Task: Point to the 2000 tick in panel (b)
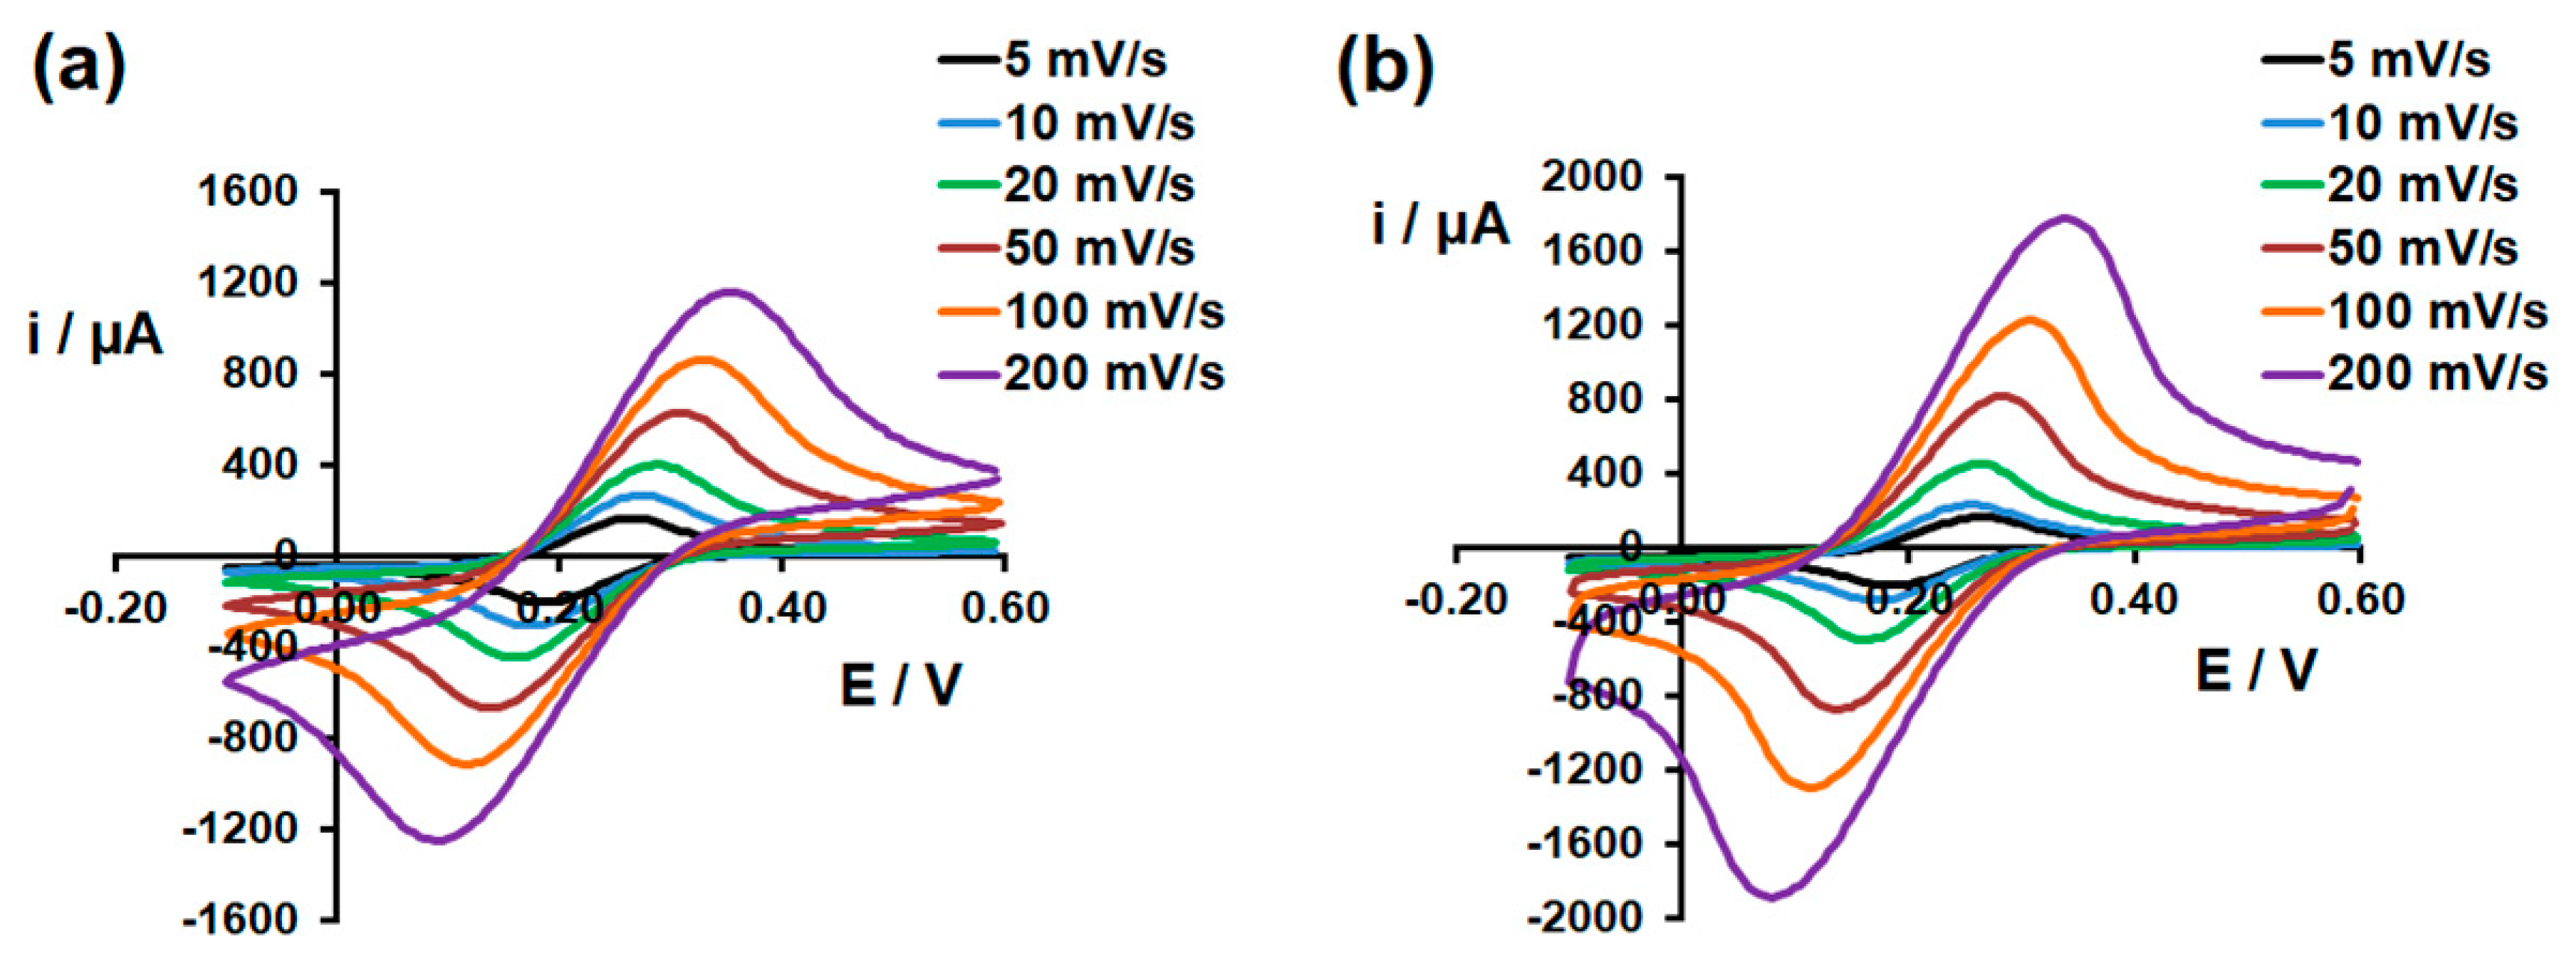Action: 1592,177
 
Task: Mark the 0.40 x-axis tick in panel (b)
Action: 2134,600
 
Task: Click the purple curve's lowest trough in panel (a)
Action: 439,840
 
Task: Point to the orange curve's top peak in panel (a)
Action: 704,359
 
